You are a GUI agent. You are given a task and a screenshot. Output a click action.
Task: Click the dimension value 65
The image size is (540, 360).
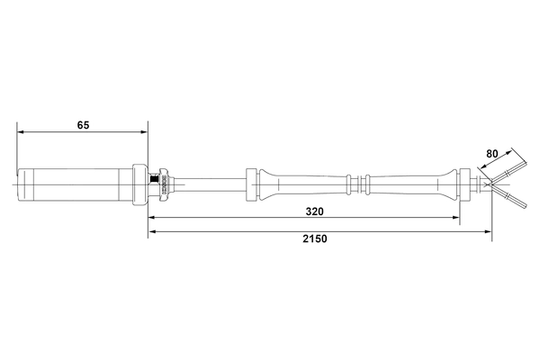click(x=83, y=125)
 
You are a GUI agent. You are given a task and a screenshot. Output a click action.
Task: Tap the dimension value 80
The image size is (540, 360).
click(x=492, y=154)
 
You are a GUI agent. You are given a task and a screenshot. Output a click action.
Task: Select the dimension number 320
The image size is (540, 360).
click(x=314, y=211)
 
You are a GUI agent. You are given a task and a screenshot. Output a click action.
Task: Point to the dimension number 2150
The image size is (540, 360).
click(x=315, y=238)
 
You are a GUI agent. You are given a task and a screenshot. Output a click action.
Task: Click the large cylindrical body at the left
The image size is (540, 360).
click(x=75, y=184)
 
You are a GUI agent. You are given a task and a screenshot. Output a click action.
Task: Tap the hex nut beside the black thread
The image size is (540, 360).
click(x=163, y=184)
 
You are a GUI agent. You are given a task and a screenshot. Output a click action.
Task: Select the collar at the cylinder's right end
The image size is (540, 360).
click(x=139, y=184)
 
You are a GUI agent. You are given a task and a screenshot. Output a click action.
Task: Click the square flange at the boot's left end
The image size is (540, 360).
click(x=251, y=184)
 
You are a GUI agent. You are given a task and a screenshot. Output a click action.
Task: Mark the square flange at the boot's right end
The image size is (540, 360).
click(x=465, y=184)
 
